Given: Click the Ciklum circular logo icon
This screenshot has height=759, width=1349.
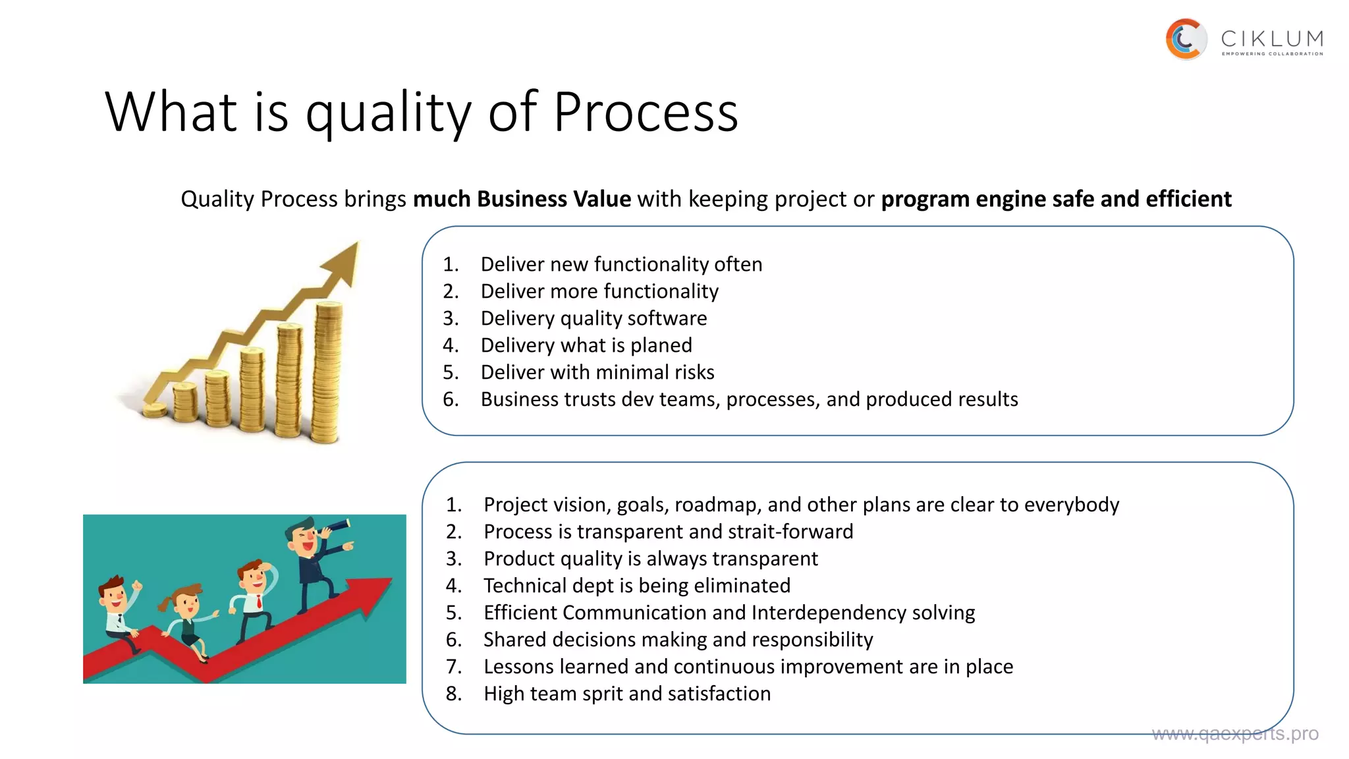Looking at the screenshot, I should click(x=1186, y=39).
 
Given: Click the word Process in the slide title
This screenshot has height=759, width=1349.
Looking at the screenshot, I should click(x=646, y=112).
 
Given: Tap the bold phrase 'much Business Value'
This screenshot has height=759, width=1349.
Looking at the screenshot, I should click(x=522, y=199).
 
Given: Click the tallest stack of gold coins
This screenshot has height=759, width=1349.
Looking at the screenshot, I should click(x=327, y=372).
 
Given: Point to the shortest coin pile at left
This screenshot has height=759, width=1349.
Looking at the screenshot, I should click(x=155, y=410).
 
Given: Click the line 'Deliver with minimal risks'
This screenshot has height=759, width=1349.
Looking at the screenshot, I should click(x=597, y=372).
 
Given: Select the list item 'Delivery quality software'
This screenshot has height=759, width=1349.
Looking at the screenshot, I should click(x=593, y=318).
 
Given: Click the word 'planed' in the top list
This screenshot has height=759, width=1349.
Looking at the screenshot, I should click(x=661, y=345).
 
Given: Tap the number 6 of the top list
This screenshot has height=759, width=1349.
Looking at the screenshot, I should click(x=450, y=399).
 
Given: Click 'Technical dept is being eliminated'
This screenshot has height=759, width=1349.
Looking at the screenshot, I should click(x=636, y=586).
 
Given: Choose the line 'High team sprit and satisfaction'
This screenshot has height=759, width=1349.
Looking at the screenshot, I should click(x=626, y=694).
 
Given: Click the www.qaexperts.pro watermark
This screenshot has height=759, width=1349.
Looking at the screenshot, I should click(x=1234, y=734).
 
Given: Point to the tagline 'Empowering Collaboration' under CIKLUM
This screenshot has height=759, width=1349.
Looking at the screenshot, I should click(x=1271, y=54).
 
